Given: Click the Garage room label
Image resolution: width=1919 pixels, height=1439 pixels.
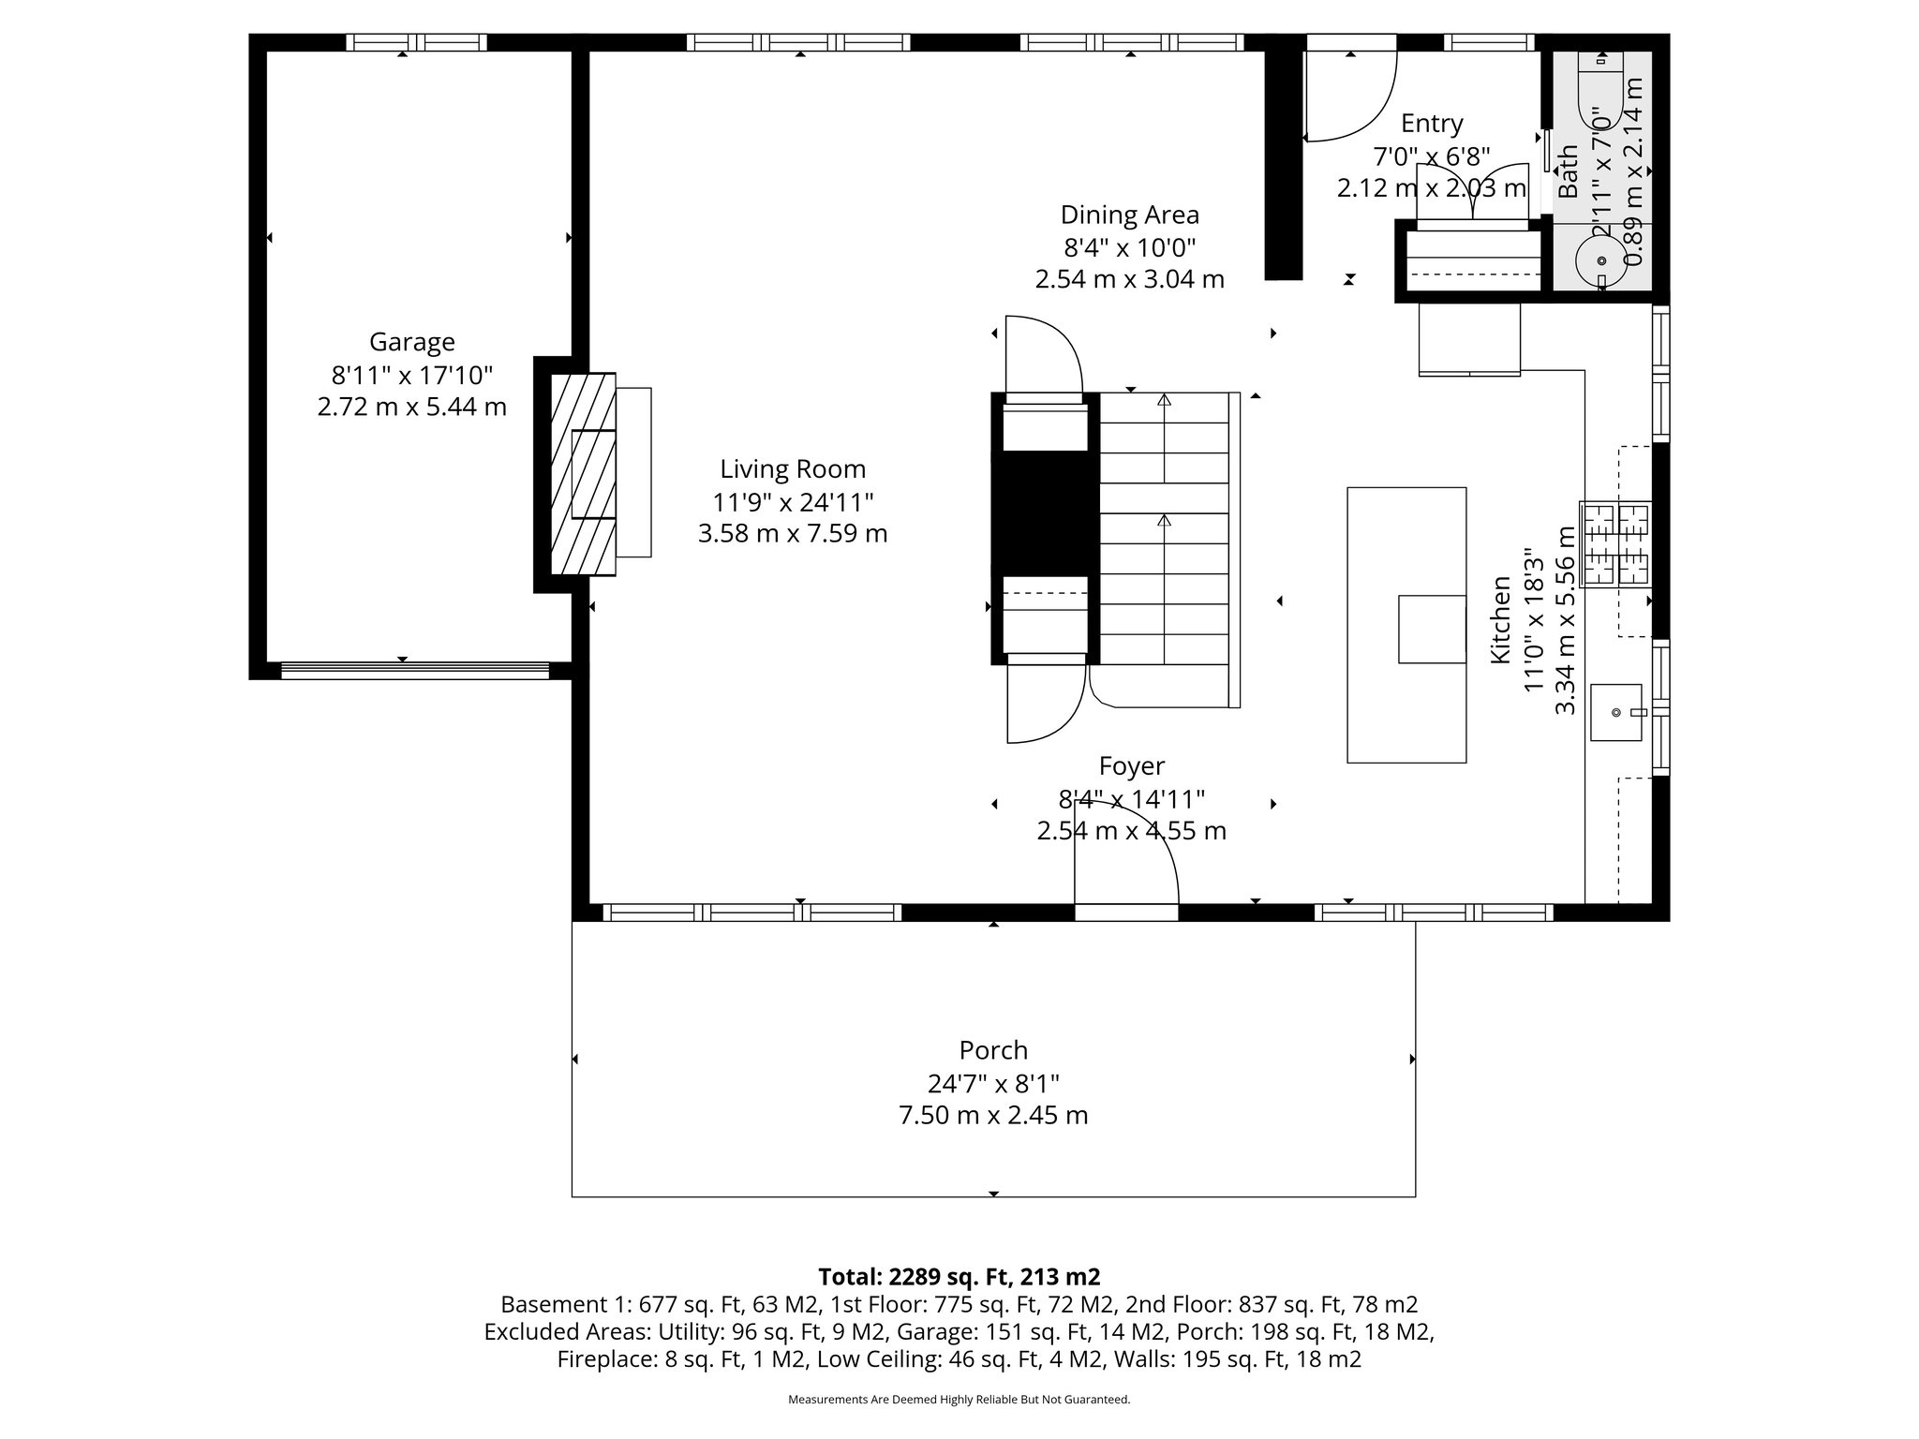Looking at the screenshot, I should tap(411, 342).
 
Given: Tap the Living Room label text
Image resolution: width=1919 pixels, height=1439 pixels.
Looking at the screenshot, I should tap(793, 469).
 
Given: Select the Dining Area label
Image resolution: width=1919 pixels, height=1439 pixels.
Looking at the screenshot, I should tap(1129, 215).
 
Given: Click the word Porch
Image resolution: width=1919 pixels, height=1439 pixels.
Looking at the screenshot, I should tap(993, 1050).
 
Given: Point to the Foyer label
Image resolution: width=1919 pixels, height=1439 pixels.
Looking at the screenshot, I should tap(1131, 766).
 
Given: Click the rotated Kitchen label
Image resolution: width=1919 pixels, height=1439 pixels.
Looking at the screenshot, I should tap(1500, 620).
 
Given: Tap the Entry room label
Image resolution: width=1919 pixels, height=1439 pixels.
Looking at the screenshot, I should tap(1431, 124).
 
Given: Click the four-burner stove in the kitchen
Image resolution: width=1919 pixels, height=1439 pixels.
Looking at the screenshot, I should tap(1615, 544).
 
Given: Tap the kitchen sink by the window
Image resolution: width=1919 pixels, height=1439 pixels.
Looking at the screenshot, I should tap(1615, 712).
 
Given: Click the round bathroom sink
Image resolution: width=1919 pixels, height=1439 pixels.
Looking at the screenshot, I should tap(1600, 260).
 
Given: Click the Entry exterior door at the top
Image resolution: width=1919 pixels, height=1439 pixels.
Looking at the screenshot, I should tap(1349, 94).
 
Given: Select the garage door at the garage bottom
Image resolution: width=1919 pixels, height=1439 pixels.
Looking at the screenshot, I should tap(414, 670).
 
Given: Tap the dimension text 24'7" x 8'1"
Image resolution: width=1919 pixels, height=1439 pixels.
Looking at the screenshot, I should tap(993, 1084).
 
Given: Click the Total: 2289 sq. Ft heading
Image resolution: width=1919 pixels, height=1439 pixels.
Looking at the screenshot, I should tap(959, 1277).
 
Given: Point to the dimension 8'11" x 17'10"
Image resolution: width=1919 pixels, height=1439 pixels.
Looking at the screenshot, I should tap(411, 376).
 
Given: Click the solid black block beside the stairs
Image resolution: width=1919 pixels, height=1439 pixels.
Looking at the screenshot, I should tap(1045, 512).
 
